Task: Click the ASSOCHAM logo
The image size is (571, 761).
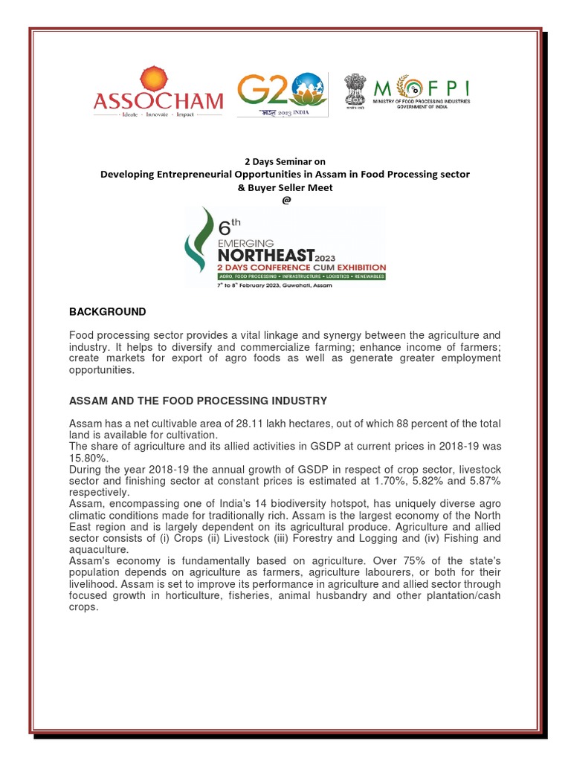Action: tap(157, 94)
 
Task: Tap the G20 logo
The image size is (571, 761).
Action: tap(281, 94)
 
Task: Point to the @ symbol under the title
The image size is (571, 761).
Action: tap(285, 200)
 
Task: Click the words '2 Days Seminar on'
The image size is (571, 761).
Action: tap(285, 161)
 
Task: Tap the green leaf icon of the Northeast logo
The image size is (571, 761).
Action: tap(200, 250)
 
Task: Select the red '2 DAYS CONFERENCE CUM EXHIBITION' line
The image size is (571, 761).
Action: tap(301, 267)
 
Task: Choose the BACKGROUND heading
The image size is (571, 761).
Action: tap(107, 311)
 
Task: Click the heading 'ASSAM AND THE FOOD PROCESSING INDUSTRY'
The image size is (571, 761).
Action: tap(198, 401)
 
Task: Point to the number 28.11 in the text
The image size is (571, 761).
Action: tap(249, 424)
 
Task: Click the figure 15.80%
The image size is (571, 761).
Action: tap(86, 457)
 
